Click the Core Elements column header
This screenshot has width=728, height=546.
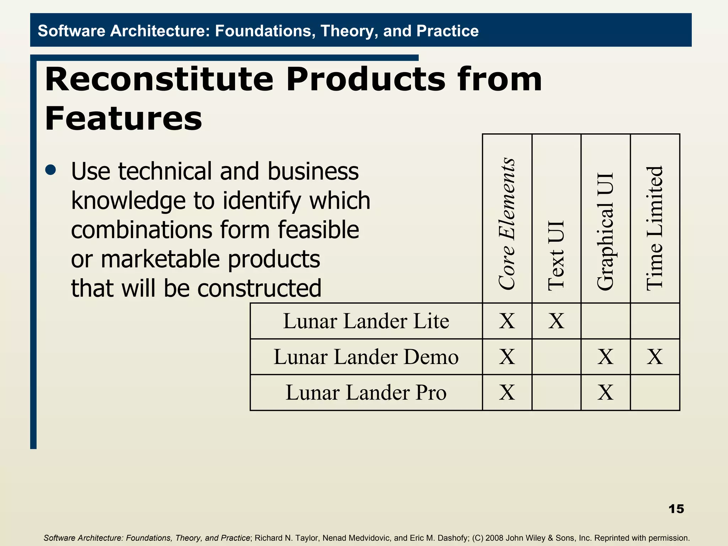point(507,224)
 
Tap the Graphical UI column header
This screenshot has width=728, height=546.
point(605,231)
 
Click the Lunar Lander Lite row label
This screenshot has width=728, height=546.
point(366,321)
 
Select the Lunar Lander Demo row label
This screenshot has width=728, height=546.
point(366,357)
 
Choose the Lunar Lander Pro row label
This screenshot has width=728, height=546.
point(366,393)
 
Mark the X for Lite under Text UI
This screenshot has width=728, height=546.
point(556,321)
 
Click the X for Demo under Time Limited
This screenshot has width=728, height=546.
point(655,357)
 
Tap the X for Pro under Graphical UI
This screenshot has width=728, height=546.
point(605,393)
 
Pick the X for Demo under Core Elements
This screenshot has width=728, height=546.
point(507,357)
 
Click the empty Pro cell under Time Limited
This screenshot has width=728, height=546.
point(655,393)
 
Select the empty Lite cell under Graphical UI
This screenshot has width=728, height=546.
point(605,321)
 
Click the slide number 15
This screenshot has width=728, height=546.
point(676,509)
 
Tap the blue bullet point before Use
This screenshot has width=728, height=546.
point(51,170)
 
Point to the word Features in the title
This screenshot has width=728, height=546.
point(123,118)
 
